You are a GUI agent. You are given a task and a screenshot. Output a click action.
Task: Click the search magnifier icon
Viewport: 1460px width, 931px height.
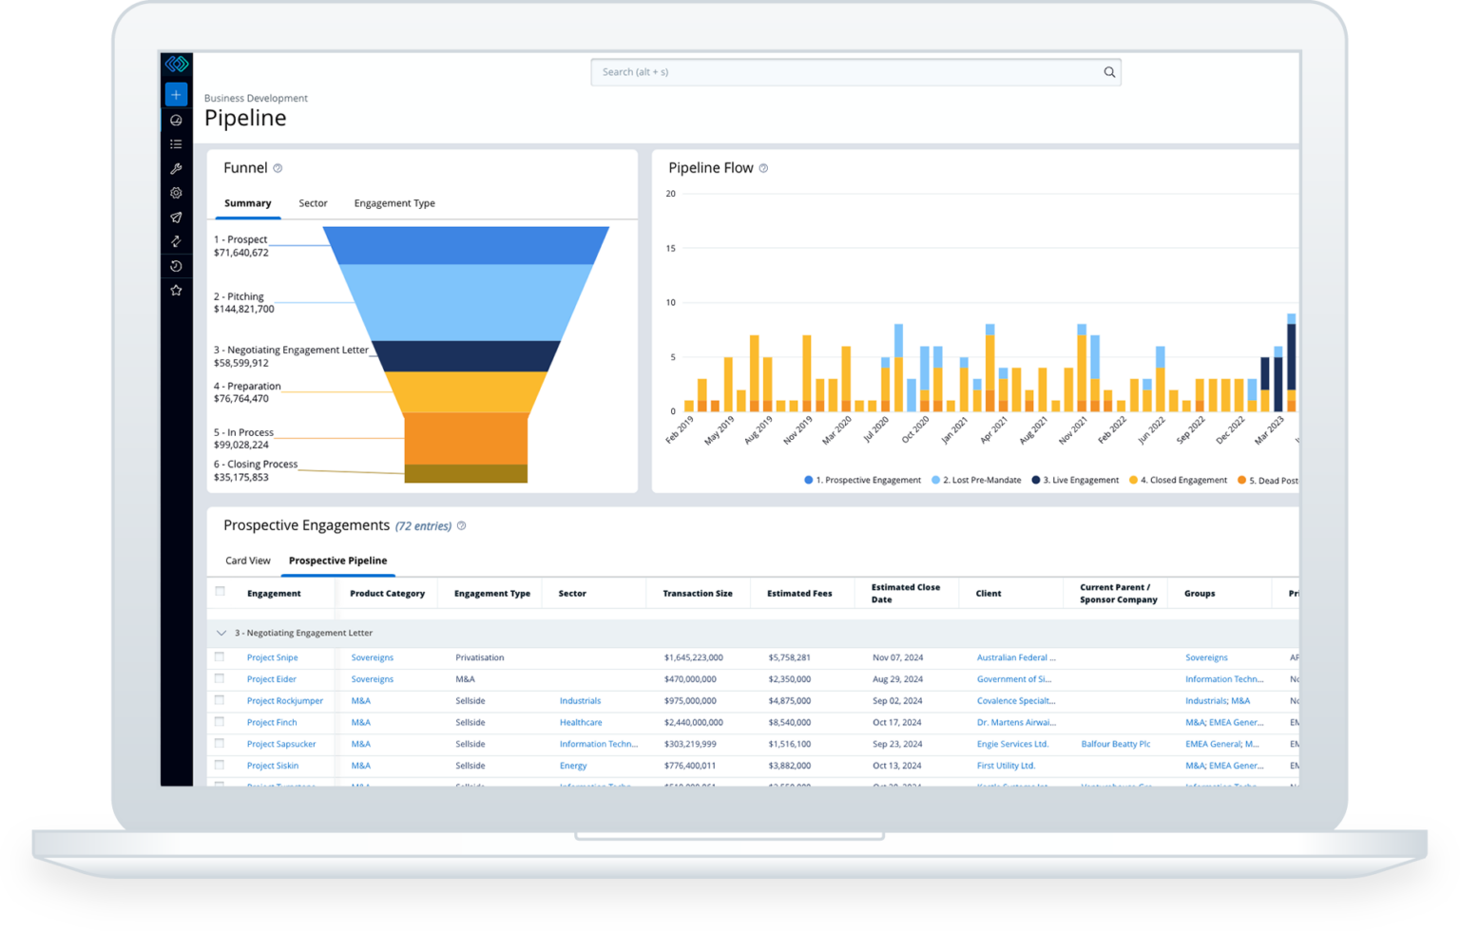click(1108, 72)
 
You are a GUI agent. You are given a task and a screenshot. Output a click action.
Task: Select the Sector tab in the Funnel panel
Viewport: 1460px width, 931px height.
click(313, 203)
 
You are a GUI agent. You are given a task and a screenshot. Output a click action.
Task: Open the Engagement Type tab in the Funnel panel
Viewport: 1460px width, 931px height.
click(394, 203)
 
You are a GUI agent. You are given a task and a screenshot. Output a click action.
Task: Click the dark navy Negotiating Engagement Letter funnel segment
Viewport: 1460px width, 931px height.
click(466, 355)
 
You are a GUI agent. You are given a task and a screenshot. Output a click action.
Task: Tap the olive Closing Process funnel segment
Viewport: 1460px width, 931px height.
click(466, 473)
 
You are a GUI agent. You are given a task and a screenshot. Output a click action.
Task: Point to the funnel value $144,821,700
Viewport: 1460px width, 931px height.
click(244, 310)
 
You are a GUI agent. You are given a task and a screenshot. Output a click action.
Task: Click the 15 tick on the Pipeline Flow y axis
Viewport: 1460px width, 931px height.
click(671, 249)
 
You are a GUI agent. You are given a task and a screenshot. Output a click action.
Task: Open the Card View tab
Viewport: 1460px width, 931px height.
click(248, 560)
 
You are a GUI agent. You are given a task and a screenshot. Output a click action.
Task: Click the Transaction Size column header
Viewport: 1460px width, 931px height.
click(698, 594)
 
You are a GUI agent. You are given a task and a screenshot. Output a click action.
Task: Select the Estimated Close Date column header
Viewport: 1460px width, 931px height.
click(905, 594)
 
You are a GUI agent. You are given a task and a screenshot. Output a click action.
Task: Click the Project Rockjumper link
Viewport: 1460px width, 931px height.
click(285, 701)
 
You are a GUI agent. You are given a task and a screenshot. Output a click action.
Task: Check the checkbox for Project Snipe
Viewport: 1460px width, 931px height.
click(220, 656)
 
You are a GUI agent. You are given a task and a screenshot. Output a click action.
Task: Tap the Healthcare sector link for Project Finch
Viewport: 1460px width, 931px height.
click(581, 723)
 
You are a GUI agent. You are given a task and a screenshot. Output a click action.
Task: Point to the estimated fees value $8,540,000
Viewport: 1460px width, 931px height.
click(790, 723)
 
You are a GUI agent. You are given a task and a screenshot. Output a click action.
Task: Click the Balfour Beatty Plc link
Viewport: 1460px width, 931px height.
click(1115, 745)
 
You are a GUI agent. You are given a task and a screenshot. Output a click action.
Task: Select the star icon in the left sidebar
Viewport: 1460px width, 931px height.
click(176, 291)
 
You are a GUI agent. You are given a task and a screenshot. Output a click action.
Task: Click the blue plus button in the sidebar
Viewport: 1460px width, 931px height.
click(176, 94)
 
